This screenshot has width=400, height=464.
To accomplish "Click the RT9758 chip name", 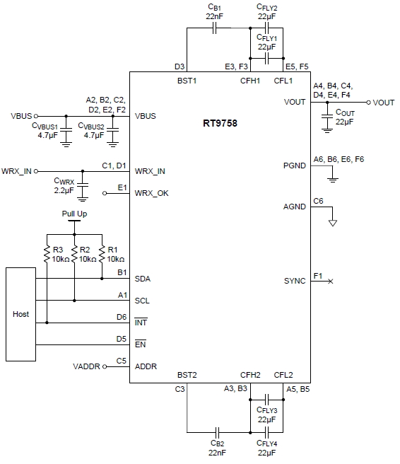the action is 220,123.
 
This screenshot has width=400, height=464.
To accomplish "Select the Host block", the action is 20,314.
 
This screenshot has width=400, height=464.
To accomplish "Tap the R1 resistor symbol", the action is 102,254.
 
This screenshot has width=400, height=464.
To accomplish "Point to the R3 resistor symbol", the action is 47,254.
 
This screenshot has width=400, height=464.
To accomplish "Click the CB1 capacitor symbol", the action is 215,28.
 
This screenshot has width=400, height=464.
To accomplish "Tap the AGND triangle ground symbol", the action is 333,223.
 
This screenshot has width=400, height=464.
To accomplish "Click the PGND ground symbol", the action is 333,180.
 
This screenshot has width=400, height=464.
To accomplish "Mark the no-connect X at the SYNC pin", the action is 331,281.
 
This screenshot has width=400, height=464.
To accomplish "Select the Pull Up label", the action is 74,214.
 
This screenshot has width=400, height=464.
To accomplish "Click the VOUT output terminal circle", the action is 368,103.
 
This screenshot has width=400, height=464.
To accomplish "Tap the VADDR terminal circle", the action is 105,366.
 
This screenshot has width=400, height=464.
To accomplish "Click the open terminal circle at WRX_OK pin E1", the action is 105,193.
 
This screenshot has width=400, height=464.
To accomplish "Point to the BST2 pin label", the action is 187,375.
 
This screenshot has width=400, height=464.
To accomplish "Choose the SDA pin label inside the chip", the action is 143,279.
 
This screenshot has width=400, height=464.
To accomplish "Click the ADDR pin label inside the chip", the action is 146,366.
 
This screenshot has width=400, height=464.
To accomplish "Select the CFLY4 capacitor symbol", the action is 266,433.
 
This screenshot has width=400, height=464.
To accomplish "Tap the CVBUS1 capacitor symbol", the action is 66,129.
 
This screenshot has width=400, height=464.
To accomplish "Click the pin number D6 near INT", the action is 122,317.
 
